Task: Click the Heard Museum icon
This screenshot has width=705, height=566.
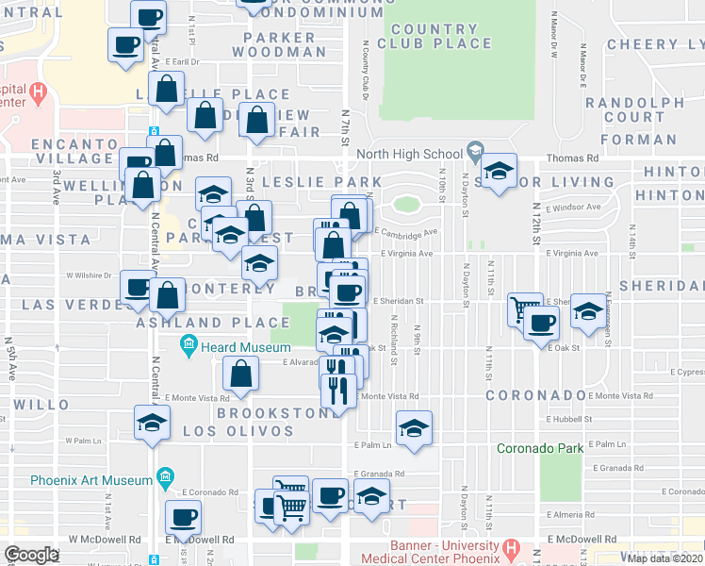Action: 189,346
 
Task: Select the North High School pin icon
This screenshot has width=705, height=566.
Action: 475,152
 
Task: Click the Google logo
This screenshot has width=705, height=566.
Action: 32,554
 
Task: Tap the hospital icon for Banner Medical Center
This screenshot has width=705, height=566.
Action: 510,546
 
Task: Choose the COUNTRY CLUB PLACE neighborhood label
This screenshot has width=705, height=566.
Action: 434,36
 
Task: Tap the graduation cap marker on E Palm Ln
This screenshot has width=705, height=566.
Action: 414,428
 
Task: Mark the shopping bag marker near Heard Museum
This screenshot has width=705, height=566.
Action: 240,374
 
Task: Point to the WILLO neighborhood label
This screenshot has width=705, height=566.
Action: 41,404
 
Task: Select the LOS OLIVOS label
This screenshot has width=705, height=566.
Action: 238,431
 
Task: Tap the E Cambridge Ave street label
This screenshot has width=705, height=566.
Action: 407,232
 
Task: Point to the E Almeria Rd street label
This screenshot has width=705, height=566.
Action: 569,515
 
